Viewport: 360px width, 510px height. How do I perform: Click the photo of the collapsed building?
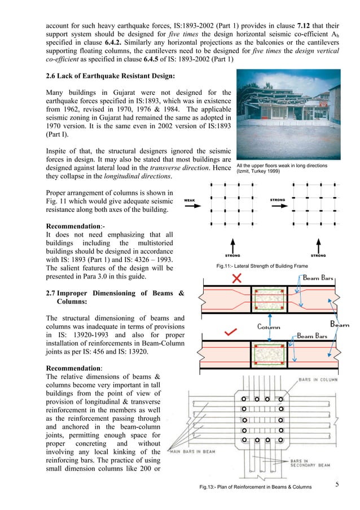[288, 115]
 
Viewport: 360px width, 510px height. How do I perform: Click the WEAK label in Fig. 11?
[193, 200]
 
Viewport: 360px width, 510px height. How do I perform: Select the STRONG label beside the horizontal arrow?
[278, 200]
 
